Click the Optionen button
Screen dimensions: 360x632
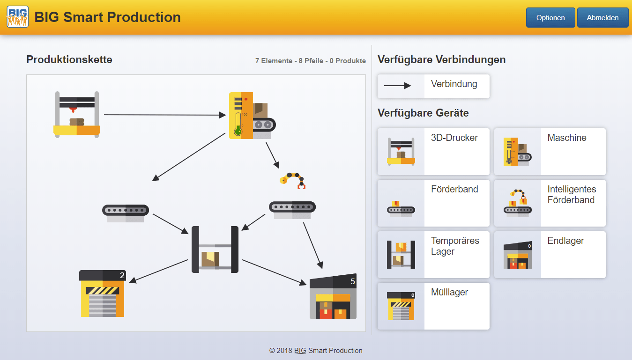point(550,18)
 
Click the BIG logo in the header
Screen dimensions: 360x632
point(17,17)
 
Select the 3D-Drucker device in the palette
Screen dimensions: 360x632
point(433,152)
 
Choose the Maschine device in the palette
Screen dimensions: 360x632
point(550,152)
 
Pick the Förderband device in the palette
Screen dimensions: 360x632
point(433,203)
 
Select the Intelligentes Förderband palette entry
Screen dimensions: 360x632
point(550,203)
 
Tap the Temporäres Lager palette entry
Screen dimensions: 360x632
point(433,255)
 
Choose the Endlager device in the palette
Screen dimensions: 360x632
point(550,255)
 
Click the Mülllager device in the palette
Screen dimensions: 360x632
point(433,306)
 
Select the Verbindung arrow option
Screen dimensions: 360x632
point(433,86)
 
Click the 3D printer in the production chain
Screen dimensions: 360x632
point(77,114)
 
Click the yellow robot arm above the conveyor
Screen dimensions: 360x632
point(293,180)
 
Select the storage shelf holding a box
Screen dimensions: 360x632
point(215,250)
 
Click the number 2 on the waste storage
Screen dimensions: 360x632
point(122,275)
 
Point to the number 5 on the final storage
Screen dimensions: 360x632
point(352,282)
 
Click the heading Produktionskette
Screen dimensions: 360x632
point(69,59)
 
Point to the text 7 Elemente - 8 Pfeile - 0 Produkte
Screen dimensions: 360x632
point(310,61)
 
